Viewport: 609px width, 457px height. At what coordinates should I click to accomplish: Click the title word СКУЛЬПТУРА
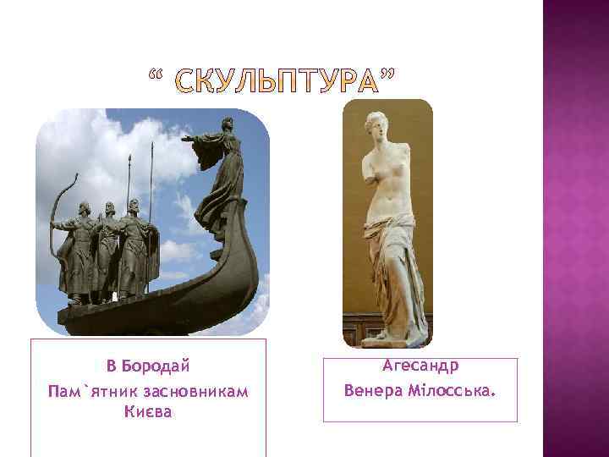click(x=276, y=84)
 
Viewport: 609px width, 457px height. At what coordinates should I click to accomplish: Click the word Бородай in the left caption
click(x=156, y=366)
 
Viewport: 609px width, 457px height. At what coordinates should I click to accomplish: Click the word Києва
click(x=147, y=412)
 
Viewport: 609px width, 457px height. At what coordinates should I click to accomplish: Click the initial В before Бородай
click(x=111, y=366)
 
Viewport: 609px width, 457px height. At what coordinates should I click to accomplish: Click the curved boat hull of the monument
click(x=169, y=296)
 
